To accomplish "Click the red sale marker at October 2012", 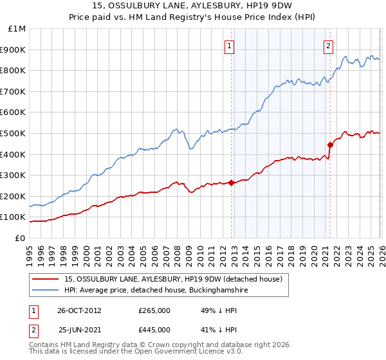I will coord(231,183).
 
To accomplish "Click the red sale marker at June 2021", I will coord(330,145).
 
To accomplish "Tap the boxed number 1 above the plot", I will coord(230,45).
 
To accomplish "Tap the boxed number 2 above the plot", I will coord(329,45).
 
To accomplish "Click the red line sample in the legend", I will coord(46,279).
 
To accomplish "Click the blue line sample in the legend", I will coord(46,291).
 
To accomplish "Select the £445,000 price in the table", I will coord(154,330).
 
